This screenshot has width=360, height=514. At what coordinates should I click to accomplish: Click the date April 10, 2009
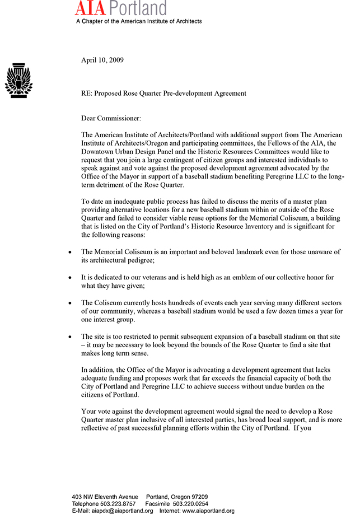pyautogui.click(x=102, y=60)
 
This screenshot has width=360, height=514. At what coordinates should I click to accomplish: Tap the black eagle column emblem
pyautogui.click(x=18, y=81)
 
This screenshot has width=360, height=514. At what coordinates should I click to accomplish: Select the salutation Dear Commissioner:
pyautogui.click(x=111, y=118)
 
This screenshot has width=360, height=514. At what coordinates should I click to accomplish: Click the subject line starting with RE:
pyautogui.click(x=163, y=94)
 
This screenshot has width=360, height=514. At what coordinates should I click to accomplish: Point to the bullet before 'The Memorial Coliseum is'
pyautogui.click(x=69, y=253)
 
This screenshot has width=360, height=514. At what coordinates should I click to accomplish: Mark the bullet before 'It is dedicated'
pyautogui.click(x=69, y=278)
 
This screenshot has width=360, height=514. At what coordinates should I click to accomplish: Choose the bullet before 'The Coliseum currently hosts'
pyautogui.click(x=69, y=303)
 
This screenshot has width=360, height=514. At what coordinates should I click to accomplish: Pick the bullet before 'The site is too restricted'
pyautogui.click(x=69, y=337)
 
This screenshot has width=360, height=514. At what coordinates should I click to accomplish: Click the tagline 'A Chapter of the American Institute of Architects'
pyautogui.click(x=139, y=21)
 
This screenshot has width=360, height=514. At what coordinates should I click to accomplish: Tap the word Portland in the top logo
pyautogui.click(x=138, y=8)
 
